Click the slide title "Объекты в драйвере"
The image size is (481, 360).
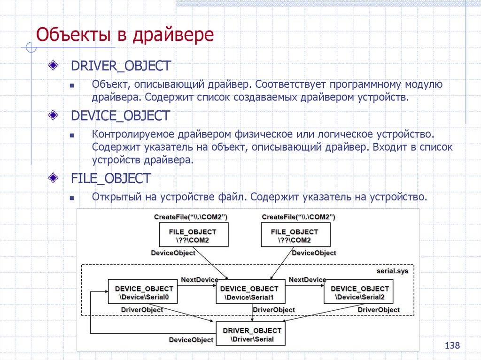click(x=125, y=36)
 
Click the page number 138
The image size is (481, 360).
click(x=452, y=346)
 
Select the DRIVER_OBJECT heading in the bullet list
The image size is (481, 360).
click(x=120, y=66)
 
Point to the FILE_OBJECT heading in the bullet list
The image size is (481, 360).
click(x=111, y=178)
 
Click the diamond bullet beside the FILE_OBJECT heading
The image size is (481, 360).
click(x=54, y=178)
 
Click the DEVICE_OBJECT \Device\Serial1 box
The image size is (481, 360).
click(x=249, y=292)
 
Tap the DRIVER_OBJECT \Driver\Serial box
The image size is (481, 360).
click(x=252, y=334)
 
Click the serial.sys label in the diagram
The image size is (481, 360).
click(x=393, y=271)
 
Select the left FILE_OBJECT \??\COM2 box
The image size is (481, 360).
click(x=193, y=235)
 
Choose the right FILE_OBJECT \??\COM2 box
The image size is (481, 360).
click(x=295, y=235)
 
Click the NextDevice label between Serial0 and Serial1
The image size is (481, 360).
click(x=200, y=280)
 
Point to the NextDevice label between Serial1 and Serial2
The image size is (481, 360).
click(x=307, y=280)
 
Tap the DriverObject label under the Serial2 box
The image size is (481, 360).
click(x=379, y=310)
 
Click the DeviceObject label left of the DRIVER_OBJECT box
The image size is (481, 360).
click(x=191, y=340)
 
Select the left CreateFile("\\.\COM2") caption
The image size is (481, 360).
click(x=191, y=217)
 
